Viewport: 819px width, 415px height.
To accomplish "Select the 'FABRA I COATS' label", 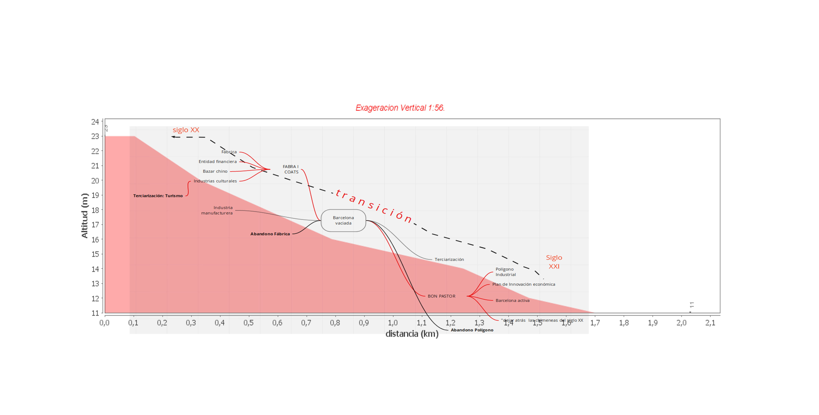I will click(291, 169).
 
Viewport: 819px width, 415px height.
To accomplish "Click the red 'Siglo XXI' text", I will click(554, 262).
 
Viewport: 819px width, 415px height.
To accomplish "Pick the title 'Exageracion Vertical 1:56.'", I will click(400, 108).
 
